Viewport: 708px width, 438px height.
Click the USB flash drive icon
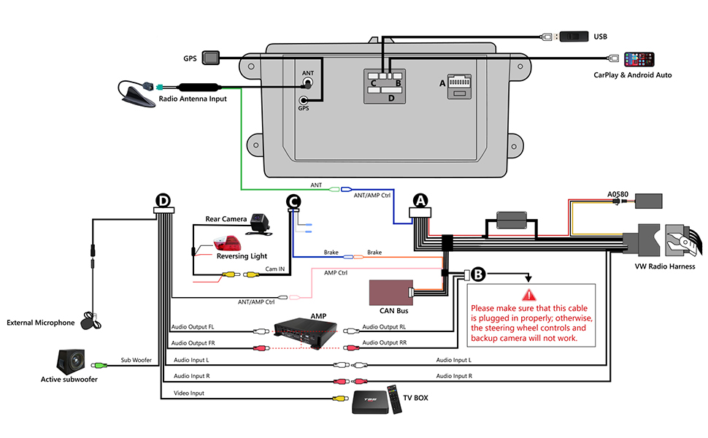pos(574,36)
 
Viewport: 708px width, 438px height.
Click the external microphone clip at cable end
pos(91,319)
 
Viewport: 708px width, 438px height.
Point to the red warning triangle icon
pos(528,296)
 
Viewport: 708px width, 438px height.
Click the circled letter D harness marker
pos(163,200)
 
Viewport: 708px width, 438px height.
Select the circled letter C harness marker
pos(293,201)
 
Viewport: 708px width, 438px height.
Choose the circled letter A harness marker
pos(420,200)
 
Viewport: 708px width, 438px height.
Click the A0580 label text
pos(618,195)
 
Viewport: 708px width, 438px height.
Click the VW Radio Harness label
pos(664,266)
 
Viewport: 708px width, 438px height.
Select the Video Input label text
pos(189,393)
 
